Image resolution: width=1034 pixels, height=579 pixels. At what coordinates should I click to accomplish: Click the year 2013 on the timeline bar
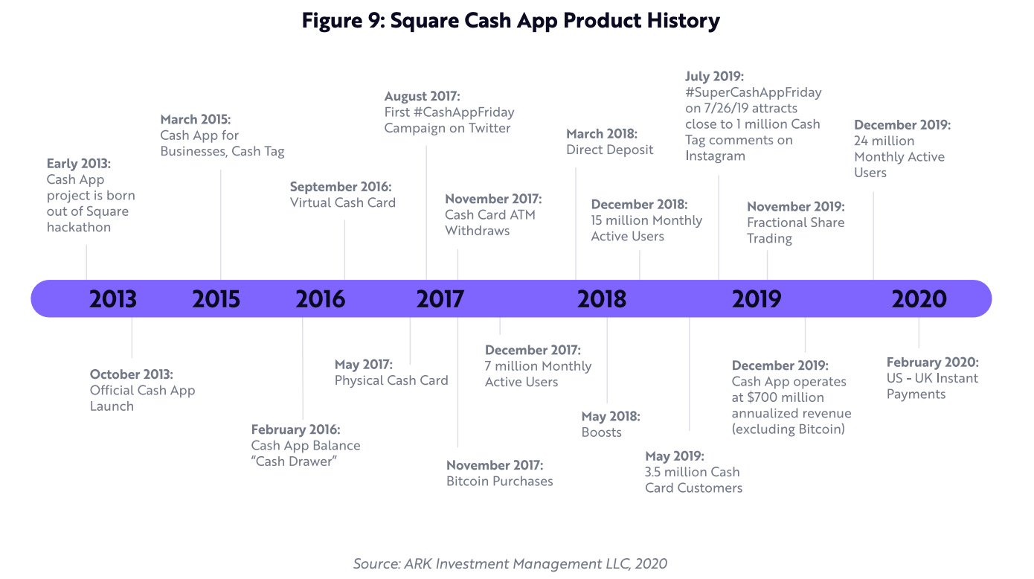coord(113,299)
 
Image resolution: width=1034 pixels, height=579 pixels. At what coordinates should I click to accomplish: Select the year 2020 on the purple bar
coord(919,299)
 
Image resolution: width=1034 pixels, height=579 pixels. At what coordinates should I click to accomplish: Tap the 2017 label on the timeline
coord(440,299)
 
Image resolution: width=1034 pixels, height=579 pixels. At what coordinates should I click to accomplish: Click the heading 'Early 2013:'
coord(78,164)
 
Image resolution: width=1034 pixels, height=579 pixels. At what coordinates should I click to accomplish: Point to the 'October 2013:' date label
coord(132,374)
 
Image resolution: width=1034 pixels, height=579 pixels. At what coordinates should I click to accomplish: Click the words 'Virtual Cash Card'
coord(343,202)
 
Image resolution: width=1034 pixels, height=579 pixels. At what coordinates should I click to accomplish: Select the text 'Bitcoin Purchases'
coord(500,482)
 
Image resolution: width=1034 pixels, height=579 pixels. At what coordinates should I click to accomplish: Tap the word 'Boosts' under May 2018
coord(601,432)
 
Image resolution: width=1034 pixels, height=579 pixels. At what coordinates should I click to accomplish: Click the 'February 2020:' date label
coord(932,362)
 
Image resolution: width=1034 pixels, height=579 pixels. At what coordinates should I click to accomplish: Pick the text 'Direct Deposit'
coord(609,150)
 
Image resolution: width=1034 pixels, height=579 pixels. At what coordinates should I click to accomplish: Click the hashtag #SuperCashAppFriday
coord(753,92)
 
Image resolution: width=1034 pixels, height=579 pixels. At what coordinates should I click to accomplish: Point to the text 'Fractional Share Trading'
coord(795,230)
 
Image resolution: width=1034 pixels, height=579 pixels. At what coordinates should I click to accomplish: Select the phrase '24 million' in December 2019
coord(884,141)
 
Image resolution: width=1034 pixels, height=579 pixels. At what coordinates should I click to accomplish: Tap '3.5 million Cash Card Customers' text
coord(693,480)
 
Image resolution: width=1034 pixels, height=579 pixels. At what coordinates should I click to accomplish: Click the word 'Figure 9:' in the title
coord(342,21)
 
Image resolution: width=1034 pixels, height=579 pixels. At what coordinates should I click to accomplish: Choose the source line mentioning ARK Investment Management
coord(510,563)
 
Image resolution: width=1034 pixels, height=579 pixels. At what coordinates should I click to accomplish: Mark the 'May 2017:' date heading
coord(364,365)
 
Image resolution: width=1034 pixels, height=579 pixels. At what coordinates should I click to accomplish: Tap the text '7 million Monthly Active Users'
coord(538,374)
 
